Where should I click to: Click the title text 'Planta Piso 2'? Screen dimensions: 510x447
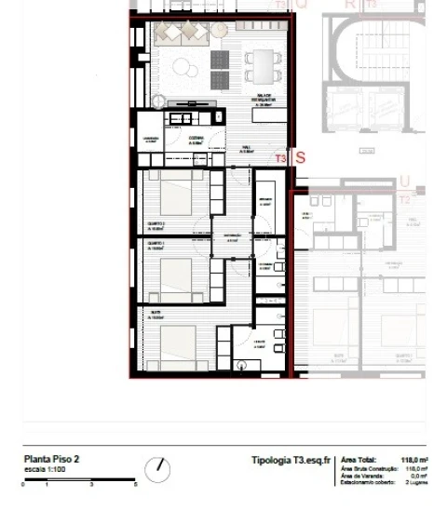tap(51, 459)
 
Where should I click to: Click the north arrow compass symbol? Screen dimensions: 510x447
tap(157, 469)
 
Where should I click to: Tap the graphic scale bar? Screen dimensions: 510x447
tap(79, 479)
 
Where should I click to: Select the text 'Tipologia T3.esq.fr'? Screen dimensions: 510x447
tap(291, 460)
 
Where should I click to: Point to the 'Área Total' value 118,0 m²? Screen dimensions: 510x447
tap(413, 460)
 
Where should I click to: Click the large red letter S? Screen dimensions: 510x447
tap(300, 158)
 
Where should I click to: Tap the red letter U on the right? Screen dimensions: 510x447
tap(404, 181)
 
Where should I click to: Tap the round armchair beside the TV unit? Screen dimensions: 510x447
tap(156, 100)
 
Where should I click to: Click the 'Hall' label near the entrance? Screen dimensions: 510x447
tap(247, 148)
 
